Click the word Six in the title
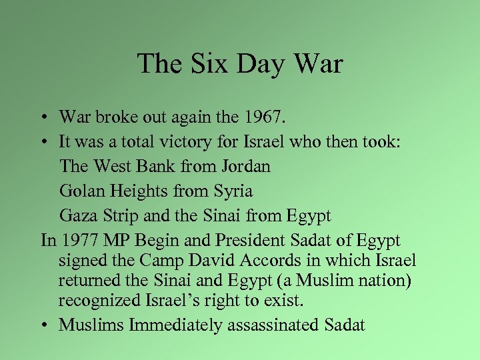pos(200,64)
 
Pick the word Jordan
pos(247,167)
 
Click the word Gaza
pos(78,216)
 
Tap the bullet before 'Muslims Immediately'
pos(42,325)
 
